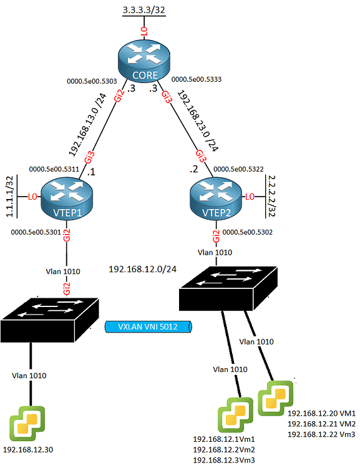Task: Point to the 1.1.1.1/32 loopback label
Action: tap(9, 197)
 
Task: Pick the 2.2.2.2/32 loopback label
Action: tap(271, 196)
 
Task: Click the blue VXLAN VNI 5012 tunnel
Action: tap(147, 326)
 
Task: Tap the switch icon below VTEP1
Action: tap(51, 316)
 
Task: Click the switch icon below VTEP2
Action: tap(227, 289)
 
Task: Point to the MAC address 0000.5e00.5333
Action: tap(197, 80)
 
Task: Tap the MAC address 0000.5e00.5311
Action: tap(54, 168)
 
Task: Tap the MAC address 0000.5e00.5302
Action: tap(248, 232)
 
